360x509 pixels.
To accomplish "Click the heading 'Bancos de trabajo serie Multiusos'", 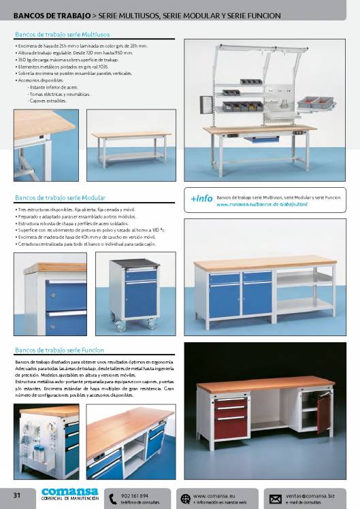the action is coord(63,33).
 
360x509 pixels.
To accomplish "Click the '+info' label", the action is coord(201,198).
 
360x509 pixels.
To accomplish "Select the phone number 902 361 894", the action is coord(134,495).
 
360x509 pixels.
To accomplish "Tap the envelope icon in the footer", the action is coord(275,498).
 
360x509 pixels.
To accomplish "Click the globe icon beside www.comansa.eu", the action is coord(185,498).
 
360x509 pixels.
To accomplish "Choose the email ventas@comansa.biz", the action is coord(312,495).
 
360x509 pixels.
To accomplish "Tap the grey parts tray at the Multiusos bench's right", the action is coord(315,103).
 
